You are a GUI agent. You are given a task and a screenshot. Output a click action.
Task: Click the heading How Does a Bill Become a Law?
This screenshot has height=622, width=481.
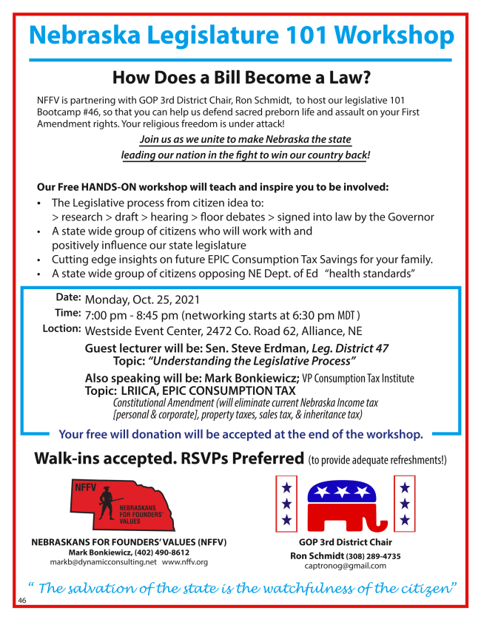pyautogui.click(x=240, y=77)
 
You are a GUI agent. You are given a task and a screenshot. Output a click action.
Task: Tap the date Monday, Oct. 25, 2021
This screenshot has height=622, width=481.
pyautogui.click(x=142, y=300)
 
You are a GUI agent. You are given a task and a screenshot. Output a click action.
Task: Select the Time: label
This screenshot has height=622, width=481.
pyautogui.click(x=67, y=313)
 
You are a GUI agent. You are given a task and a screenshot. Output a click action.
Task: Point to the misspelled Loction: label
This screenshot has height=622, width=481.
pyautogui.click(x=62, y=328)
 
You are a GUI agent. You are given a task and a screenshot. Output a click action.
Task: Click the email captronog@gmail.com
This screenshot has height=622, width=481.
pyautogui.click(x=345, y=566)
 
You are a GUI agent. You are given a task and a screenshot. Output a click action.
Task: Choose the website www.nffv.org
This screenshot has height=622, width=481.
pyautogui.click(x=185, y=562)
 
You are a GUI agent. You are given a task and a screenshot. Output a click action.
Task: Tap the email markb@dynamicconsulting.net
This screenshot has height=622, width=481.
pyautogui.click(x=103, y=562)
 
